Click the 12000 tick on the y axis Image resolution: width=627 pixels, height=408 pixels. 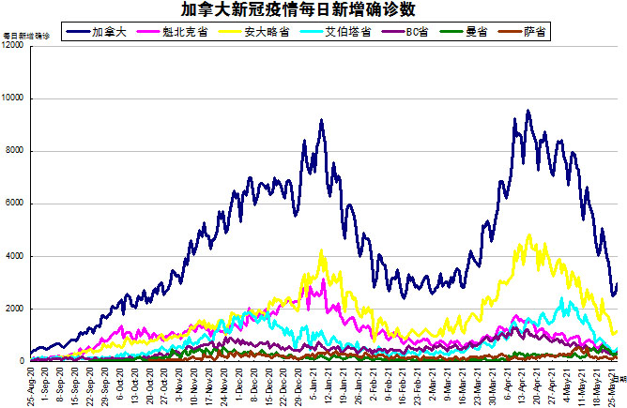click(x=13, y=46)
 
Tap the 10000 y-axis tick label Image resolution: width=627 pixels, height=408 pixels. click(x=13, y=98)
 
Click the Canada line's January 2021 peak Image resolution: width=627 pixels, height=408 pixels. click(x=321, y=120)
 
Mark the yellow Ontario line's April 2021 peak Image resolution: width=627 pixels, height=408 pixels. click(x=530, y=235)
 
